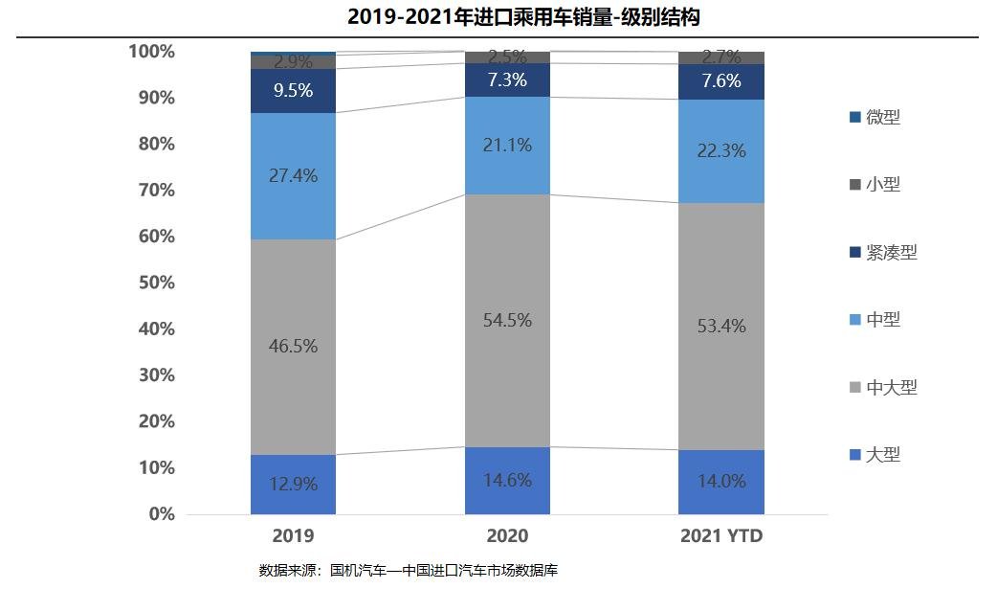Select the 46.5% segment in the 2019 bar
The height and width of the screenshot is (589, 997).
point(293,347)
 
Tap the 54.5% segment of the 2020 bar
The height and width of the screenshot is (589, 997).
point(507,321)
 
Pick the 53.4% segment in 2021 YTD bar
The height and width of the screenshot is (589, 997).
point(720,327)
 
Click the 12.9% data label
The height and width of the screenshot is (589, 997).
point(293,484)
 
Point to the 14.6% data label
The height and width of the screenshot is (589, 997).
point(507,480)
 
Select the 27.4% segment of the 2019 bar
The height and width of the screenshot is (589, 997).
point(293,176)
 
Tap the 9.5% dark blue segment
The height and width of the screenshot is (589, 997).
point(293,91)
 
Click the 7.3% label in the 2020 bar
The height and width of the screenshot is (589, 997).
point(507,80)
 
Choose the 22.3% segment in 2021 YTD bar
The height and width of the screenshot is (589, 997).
point(720,151)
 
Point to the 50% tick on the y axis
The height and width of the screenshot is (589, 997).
point(152,283)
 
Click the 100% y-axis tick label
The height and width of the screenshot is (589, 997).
point(152,52)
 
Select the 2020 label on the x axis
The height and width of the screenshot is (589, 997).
point(507,535)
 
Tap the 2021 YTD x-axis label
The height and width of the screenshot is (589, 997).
point(720,535)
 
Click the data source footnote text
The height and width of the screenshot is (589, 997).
point(408,570)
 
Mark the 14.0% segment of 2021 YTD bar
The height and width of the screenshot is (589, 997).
point(720,482)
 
